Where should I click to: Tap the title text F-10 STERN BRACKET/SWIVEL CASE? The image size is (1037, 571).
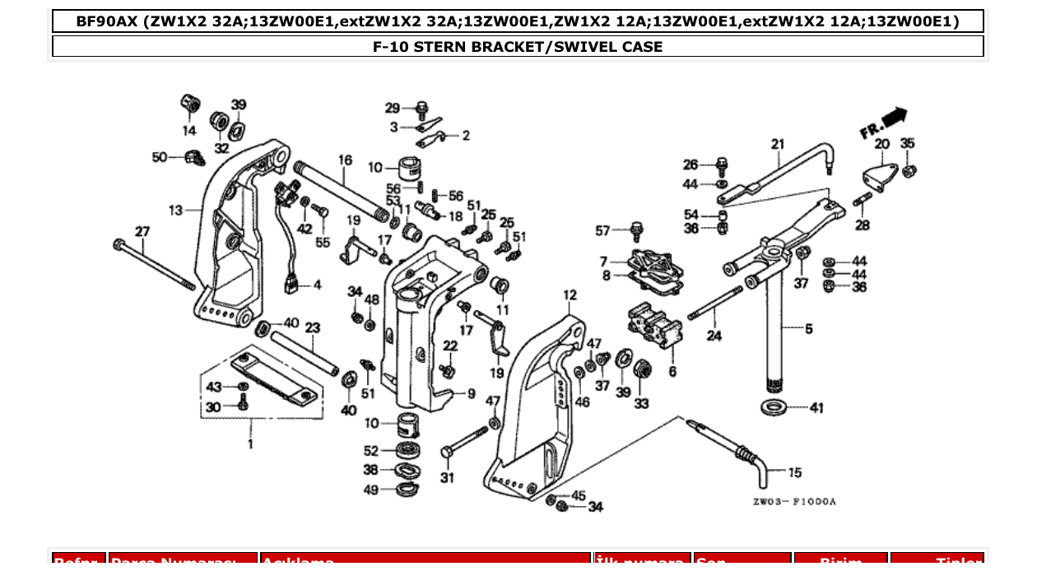point(518,47)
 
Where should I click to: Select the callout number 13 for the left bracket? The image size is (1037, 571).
point(175,211)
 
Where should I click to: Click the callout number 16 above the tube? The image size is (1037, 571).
point(345,160)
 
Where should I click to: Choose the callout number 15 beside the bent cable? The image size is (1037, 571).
point(794,472)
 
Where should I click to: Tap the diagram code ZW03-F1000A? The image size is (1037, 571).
point(793,501)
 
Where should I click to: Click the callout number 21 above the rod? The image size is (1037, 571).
point(778,145)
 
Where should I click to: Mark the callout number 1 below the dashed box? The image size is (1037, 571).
point(250,444)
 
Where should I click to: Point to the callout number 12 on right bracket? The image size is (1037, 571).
point(570,295)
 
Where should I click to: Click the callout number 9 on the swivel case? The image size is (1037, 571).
point(471,394)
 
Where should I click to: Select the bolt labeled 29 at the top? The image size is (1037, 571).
point(421,107)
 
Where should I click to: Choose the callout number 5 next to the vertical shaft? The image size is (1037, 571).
point(808,329)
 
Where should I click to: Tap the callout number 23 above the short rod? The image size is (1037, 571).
point(312,327)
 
